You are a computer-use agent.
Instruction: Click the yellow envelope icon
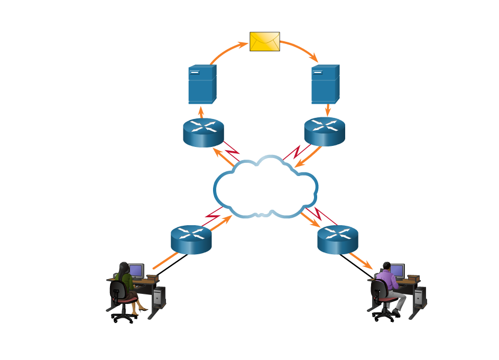tap(264, 42)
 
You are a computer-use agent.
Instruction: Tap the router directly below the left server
tap(204, 132)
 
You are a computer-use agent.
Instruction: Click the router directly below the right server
tap(325, 131)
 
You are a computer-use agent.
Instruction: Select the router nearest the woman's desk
tap(191, 239)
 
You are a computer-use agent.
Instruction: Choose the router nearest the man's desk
tap(338, 239)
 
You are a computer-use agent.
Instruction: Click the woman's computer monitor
tap(136, 271)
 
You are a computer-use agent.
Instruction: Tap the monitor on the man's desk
tap(397, 271)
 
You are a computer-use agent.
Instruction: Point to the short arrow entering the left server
tap(201, 112)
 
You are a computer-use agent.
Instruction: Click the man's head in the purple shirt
tap(386, 266)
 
